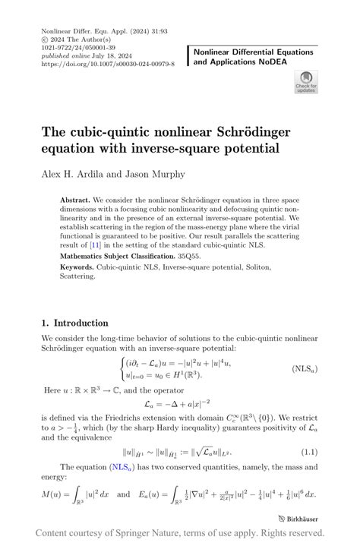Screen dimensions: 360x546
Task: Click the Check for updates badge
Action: tap(305, 81)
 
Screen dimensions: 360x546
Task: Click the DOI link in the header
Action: tap(109, 65)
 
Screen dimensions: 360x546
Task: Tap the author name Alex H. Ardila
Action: tap(75, 174)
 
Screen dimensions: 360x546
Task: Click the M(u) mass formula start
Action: tap(53, 494)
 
